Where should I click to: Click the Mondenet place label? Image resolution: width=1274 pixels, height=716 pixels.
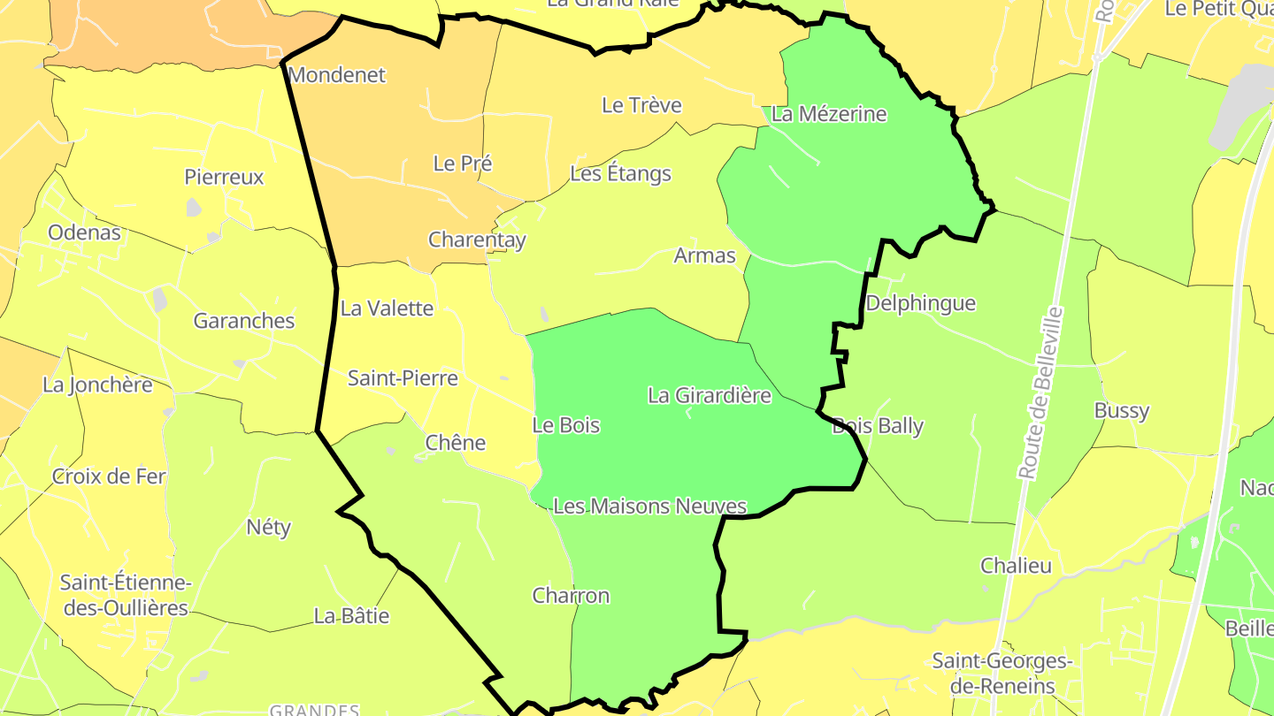click(337, 75)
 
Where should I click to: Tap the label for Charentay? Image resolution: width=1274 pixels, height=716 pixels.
click(477, 240)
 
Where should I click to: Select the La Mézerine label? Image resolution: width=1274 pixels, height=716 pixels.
click(829, 114)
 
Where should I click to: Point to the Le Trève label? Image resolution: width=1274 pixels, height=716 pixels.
click(641, 105)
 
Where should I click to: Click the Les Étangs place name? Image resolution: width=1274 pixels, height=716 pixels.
click(620, 173)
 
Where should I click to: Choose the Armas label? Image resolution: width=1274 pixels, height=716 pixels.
click(704, 255)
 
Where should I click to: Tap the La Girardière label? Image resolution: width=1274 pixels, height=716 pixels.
click(710, 395)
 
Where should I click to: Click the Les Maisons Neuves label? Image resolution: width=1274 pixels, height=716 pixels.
click(650, 507)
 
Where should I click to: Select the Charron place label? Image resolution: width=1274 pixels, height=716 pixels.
click(571, 596)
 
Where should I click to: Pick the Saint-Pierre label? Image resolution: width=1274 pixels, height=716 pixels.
click(403, 378)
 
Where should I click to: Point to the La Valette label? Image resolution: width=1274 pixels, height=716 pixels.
click(387, 308)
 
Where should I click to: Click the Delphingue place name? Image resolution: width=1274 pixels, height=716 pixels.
click(920, 303)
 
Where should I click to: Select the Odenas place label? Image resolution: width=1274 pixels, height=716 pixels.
click(84, 233)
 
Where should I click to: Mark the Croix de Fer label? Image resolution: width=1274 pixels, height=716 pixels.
click(109, 476)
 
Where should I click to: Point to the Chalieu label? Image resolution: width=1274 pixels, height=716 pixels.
click(1016, 566)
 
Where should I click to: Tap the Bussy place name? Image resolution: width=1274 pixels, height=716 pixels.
click(1122, 410)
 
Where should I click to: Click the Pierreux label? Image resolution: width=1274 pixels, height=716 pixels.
click(224, 177)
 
